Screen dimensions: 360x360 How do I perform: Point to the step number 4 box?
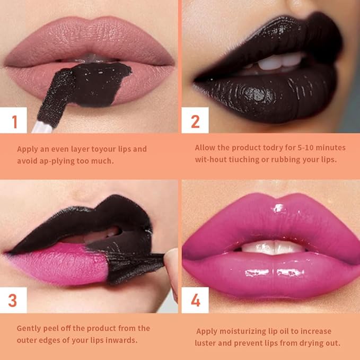click(195, 300)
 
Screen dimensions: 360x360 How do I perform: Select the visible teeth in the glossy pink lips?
click(273, 247)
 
